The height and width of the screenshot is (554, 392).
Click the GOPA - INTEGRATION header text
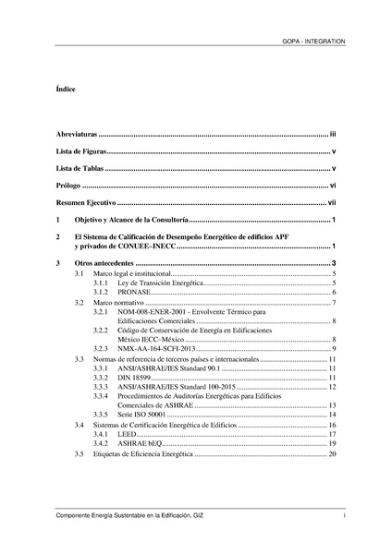coord(313,42)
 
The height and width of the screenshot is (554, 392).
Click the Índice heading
coord(65,90)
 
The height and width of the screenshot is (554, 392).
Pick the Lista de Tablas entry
coord(79,168)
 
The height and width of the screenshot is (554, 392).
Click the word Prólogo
coord(68,186)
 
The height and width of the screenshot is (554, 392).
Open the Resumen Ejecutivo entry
coord(86,202)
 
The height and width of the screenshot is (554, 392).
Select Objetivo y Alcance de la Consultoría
coord(132,220)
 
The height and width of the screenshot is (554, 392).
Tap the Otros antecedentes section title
coord(107,264)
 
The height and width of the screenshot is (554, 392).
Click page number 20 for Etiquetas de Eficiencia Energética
coord(332,454)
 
